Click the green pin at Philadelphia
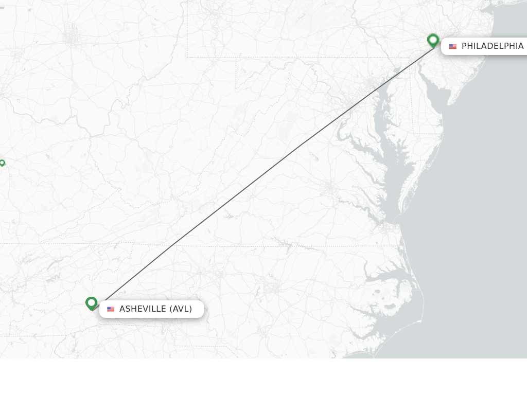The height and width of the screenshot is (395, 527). point(433,40)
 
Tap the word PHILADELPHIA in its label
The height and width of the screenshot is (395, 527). point(492,46)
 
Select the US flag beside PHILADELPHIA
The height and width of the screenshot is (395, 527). point(452,47)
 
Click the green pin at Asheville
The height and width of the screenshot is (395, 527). point(92,303)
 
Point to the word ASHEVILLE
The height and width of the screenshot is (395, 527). point(143,309)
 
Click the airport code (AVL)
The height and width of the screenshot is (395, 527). point(181,309)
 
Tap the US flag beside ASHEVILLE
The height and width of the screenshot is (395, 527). point(111,309)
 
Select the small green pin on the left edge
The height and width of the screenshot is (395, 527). point(2,163)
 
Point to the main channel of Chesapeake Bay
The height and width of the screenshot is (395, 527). point(397,170)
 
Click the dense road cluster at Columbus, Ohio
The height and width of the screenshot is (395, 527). point(71,37)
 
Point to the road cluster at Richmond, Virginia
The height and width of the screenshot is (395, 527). point(328,188)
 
